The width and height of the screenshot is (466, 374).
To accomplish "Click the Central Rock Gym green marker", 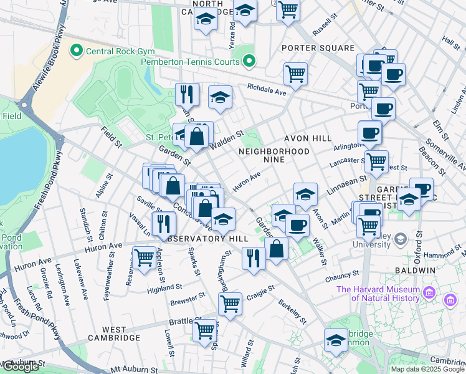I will click(77, 49).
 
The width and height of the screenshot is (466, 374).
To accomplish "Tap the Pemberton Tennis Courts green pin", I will click(249, 61).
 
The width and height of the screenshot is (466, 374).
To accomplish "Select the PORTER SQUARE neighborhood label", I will click(318, 48).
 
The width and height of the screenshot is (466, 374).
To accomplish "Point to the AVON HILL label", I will click(305, 138).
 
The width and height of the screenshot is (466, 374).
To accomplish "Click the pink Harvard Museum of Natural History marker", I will click(429, 293).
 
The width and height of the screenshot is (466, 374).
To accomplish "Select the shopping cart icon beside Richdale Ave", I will click(295, 74).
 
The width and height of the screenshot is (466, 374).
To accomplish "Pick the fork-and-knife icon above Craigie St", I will click(253, 258).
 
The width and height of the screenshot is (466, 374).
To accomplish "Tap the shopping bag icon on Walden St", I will click(197, 137).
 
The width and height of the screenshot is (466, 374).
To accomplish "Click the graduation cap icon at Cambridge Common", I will click(336, 340).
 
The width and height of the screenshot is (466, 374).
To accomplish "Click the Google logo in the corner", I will click(21, 367).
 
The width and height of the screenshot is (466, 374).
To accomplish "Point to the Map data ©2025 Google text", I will click(427, 369).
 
